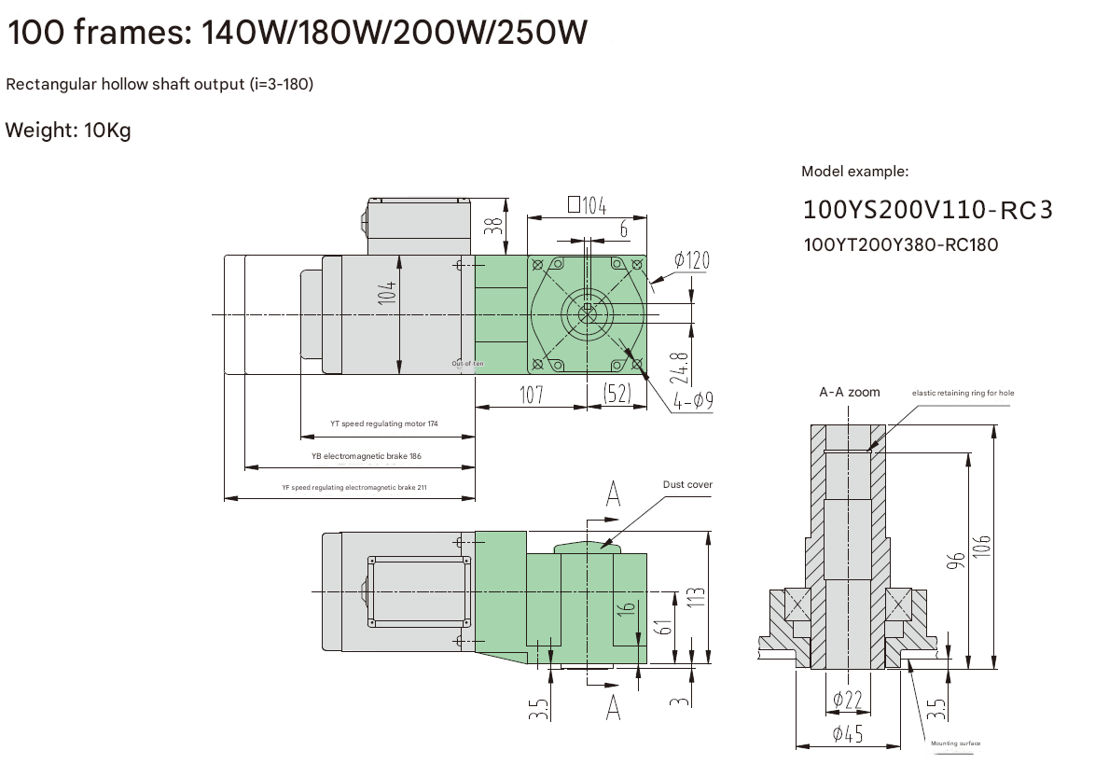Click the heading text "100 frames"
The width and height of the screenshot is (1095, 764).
tap(94, 33)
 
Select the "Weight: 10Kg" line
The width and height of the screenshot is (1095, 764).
tap(68, 130)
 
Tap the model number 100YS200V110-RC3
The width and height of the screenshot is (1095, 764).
tap(927, 210)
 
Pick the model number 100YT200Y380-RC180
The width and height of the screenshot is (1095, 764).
tap(900, 245)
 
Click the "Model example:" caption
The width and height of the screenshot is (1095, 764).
tap(854, 172)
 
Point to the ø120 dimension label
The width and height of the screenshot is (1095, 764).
tap(691, 259)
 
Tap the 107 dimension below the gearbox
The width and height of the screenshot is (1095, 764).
tap(531, 395)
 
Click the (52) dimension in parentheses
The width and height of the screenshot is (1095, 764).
tap(617, 395)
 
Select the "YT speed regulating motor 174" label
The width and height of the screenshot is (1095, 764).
tap(383, 424)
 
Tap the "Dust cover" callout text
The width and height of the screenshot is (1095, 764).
tap(687, 484)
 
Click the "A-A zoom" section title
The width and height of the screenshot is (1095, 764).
tap(849, 393)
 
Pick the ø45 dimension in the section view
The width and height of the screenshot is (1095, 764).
tap(847, 734)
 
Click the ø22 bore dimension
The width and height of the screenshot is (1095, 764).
tap(847, 699)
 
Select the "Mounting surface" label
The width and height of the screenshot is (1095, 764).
tap(956, 743)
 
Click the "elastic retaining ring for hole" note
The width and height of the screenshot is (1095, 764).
tap(963, 394)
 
